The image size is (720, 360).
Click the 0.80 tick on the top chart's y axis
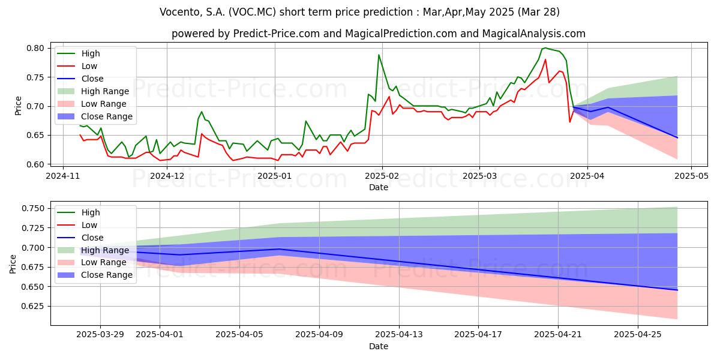click(35, 48)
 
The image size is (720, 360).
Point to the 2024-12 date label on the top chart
click(167, 176)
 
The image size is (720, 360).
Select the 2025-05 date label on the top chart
click(691, 176)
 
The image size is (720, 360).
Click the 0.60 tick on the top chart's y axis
click(35, 164)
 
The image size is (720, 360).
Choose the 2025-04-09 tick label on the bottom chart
click(319, 335)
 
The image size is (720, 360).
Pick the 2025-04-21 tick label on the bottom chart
click(558, 335)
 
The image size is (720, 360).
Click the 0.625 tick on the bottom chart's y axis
click(33, 307)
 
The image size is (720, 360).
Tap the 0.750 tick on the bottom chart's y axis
click(33, 209)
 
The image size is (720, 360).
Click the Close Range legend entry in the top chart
click(95, 116)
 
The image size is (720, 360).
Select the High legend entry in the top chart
click(79, 53)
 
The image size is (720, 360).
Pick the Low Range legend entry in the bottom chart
click(92, 263)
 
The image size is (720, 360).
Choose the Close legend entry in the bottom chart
click(80, 238)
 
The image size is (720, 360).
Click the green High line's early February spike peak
click(379, 55)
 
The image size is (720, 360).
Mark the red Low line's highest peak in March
click(545, 59)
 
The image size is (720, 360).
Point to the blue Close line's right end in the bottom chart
click(677, 290)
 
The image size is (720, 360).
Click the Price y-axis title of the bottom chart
click(13, 264)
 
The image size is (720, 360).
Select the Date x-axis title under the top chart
click(379, 187)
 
